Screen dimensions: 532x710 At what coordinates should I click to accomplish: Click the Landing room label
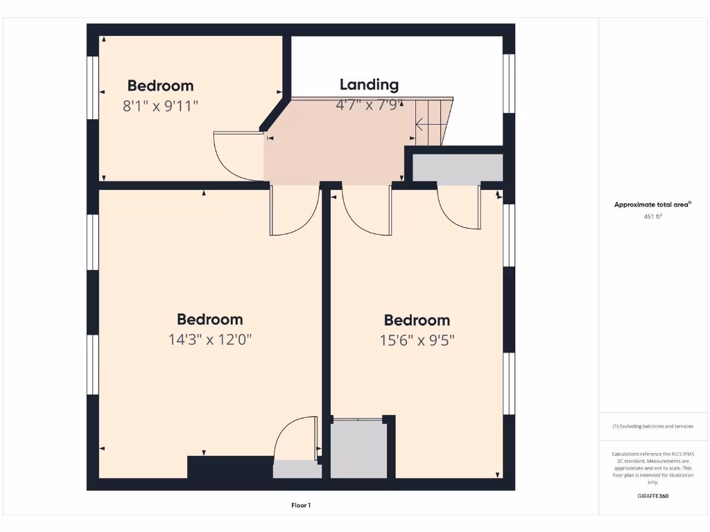pos(369,85)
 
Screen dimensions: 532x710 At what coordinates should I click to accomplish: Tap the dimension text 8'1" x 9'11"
pos(161,106)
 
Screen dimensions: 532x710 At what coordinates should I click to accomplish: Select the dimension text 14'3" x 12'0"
pos(209,339)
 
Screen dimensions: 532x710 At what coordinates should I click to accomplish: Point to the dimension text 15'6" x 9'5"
pos(417,340)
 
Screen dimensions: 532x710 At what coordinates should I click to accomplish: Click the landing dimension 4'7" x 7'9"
pos(369,105)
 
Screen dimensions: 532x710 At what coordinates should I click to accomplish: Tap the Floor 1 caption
pos(301,506)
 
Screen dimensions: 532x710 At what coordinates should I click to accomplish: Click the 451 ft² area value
pos(652,217)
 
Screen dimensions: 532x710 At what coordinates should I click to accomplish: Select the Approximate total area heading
pos(652,204)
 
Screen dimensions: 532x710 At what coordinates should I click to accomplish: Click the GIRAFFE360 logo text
pos(652,496)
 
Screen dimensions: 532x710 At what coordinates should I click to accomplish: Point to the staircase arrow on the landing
pos(420,125)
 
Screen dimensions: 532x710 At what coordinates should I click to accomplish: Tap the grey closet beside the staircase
pos(458,169)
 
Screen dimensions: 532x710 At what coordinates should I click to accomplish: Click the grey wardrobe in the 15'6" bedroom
pos(358,450)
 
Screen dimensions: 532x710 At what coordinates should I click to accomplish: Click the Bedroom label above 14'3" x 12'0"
pos(209,319)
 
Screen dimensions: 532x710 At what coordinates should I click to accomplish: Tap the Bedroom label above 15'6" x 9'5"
pos(417,320)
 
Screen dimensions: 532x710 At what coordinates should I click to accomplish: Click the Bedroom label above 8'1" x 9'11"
pos(160,86)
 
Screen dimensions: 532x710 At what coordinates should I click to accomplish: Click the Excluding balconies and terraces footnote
pos(652,427)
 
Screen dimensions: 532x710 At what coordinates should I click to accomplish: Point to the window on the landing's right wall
pos(509,83)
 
